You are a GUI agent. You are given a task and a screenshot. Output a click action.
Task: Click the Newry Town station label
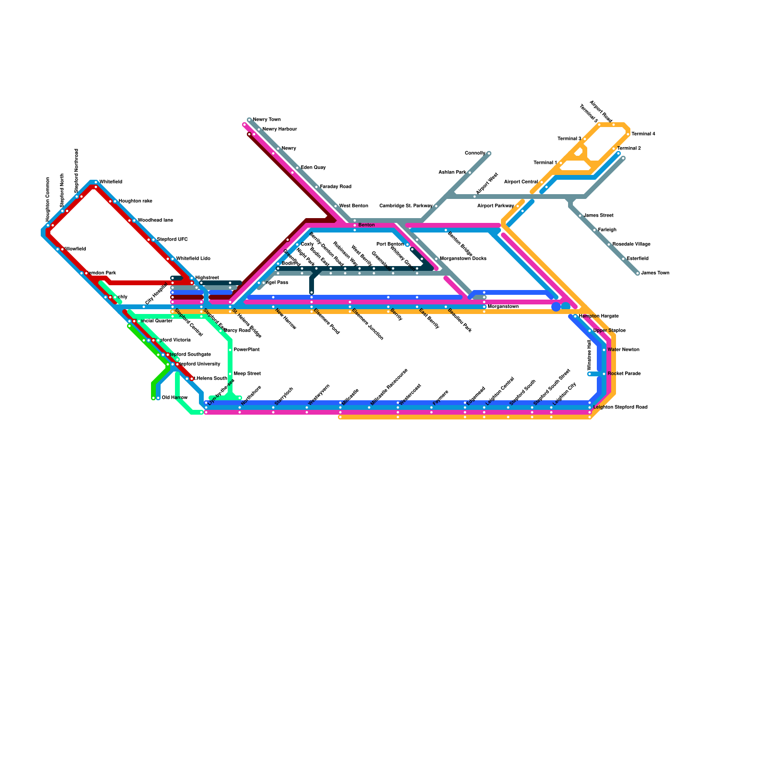pyautogui.click(x=267, y=120)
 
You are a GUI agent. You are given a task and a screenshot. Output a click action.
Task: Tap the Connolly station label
pyautogui.click(x=475, y=153)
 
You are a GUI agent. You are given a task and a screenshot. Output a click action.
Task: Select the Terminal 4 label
pyautogui.click(x=643, y=134)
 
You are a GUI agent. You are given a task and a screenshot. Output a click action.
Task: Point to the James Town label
pyautogui.click(x=655, y=273)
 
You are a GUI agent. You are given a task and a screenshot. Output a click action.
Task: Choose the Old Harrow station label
pyautogui.click(x=174, y=398)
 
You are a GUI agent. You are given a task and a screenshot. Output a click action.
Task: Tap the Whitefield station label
pyautogui.click(x=111, y=182)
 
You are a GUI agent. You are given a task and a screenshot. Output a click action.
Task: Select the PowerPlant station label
pyautogui.click(x=246, y=350)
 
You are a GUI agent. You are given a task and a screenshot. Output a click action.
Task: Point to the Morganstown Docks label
pyautogui.click(x=463, y=259)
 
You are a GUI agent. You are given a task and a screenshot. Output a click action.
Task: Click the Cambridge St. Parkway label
pyautogui.click(x=406, y=206)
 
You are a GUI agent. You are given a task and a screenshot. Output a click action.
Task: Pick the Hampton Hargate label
pyautogui.click(x=599, y=316)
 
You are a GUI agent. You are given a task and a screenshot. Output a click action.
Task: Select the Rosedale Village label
pyautogui.click(x=631, y=244)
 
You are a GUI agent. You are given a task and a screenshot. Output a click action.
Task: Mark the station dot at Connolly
pyautogui.click(x=489, y=153)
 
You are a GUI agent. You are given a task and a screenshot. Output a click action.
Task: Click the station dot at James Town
pyautogui.click(x=638, y=273)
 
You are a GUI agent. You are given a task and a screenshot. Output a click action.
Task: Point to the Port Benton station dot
pyautogui.click(x=407, y=244)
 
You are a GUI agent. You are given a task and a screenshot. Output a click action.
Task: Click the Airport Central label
pyautogui.click(x=521, y=182)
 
